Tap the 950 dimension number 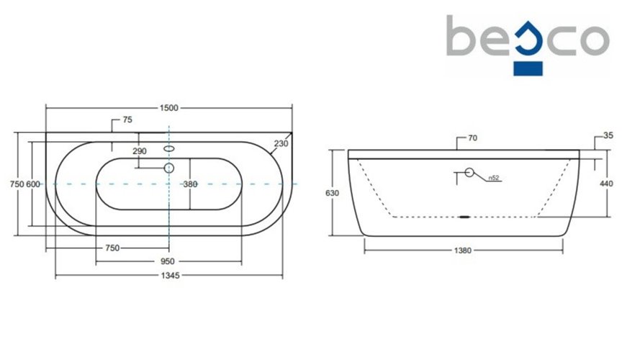click(x=168, y=261)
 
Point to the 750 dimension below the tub click(x=112, y=248)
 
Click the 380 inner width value click(x=190, y=184)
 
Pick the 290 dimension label click(x=139, y=151)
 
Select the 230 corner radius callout click(x=280, y=143)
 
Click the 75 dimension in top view click(x=127, y=120)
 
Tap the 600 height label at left click(x=33, y=184)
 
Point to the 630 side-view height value click(x=332, y=193)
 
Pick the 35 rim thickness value click(x=608, y=135)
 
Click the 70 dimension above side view click(x=473, y=138)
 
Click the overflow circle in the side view click(x=469, y=173)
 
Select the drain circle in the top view click(x=169, y=168)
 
